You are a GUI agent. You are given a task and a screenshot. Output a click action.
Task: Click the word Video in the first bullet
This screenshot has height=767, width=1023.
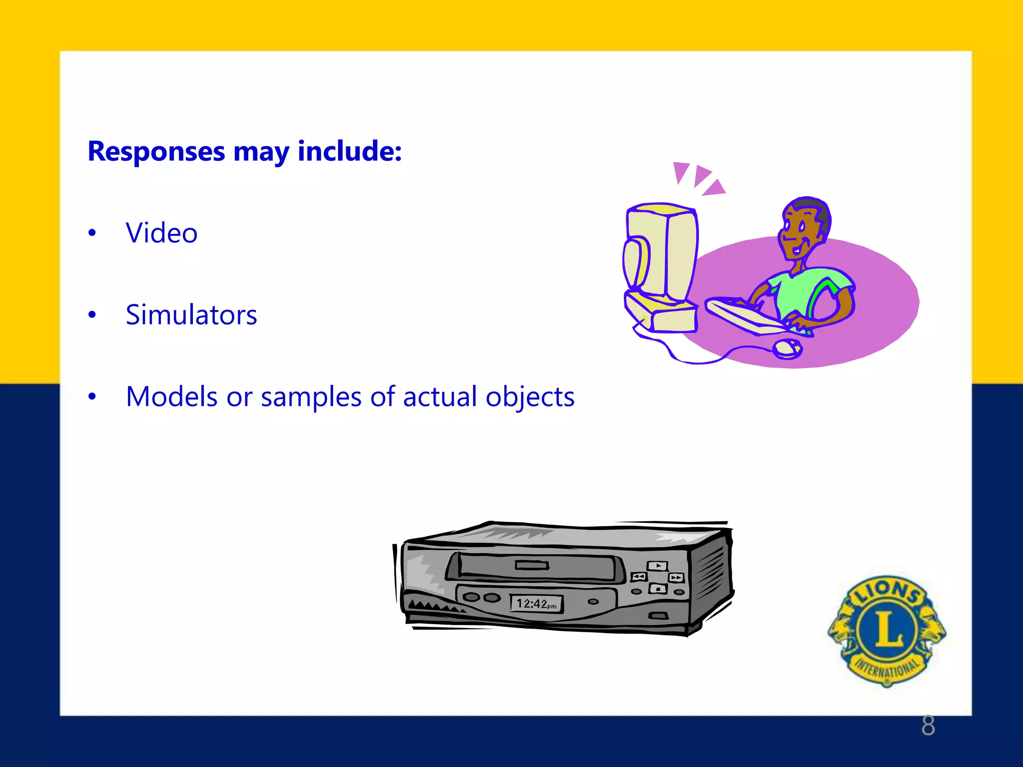coord(161,233)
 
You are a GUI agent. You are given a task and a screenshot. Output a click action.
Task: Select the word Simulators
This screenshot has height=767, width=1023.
coord(191,315)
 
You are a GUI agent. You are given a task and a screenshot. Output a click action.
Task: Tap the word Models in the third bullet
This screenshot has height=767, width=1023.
coord(172,397)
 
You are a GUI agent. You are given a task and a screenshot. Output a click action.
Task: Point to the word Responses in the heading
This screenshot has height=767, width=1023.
coord(156,151)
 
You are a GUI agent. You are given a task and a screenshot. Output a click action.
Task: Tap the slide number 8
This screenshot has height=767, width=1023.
coord(928,726)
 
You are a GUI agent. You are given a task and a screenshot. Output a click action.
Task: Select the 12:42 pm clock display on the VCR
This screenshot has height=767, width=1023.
coord(536,604)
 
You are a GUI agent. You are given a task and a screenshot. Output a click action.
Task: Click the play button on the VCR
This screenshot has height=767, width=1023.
coord(658,566)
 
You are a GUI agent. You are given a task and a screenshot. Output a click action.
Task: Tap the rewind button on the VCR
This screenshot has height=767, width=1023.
coord(639,577)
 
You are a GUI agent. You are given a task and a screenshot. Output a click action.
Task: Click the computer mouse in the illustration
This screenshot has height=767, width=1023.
coord(787,348)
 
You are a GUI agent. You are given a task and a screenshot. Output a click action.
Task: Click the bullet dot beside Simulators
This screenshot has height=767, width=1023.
coord(92,315)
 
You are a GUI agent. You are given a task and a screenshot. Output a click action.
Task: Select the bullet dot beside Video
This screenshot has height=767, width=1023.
coord(92,233)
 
